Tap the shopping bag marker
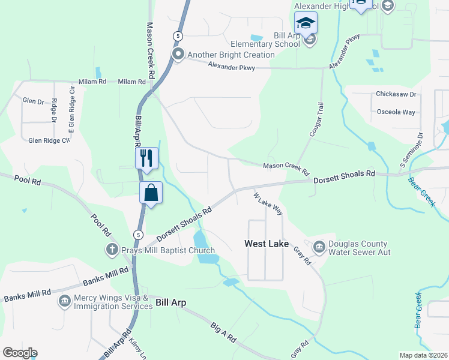151,193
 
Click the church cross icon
111,249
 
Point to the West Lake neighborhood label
267,244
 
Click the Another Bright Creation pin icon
178,55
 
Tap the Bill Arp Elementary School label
266,40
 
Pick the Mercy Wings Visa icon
64,300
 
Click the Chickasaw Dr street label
396,94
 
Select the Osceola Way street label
396,112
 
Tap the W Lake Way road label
268,203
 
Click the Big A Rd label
223,332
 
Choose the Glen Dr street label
33,101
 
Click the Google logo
20,353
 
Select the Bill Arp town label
171,302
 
